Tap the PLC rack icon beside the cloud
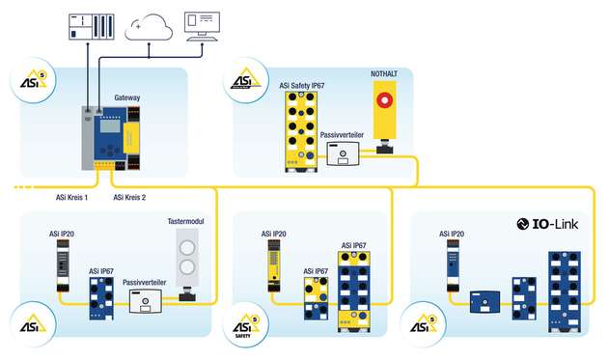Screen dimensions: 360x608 [89, 23]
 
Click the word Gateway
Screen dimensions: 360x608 [129, 98]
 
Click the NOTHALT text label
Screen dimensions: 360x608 [384, 74]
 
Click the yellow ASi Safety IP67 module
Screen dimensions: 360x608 [301, 134]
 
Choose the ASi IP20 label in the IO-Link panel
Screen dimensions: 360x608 [455, 233]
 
